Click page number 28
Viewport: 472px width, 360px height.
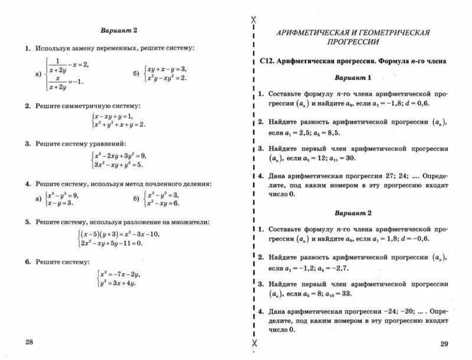pos(27,342)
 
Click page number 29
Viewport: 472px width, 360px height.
pos(444,343)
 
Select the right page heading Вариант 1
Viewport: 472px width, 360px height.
pos(352,77)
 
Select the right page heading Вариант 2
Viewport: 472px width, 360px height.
pos(352,212)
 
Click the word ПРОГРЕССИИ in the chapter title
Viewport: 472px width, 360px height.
pos(353,42)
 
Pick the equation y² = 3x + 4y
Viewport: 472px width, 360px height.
pos(117,283)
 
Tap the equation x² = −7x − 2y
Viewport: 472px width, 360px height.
pos(119,274)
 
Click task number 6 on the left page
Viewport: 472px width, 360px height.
pos(27,261)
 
